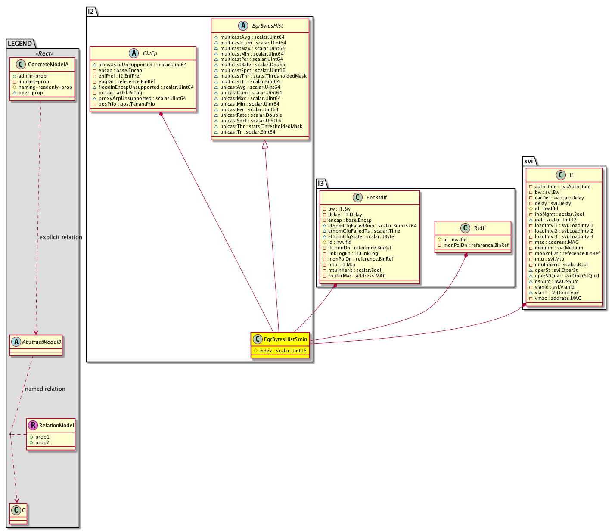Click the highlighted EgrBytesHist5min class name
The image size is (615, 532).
pos(285,339)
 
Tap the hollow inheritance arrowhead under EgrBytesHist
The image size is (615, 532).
pos(264,144)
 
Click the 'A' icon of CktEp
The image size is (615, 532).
pos(134,53)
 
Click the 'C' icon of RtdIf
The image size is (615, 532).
pos(465,228)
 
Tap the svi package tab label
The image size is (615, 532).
pos(528,161)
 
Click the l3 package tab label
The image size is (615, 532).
pos(320,183)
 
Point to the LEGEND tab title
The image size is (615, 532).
pos(20,44)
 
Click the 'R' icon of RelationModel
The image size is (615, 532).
pos(33,425)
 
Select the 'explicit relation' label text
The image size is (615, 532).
pos(61,237)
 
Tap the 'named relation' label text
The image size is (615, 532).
pos(45,389)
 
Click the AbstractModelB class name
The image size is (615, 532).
pos(42,342)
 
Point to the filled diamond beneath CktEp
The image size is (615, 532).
pos(161,115)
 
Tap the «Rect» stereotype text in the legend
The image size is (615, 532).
pos(44,53)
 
